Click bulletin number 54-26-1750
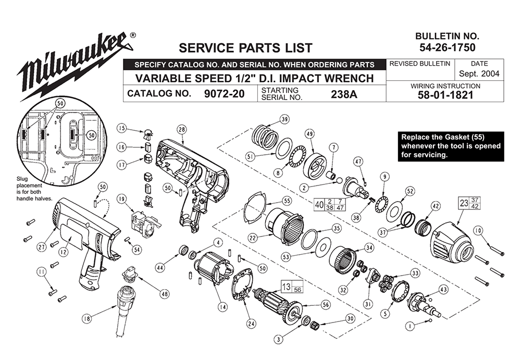[x=447, y=47]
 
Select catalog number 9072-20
[x=224, y=94]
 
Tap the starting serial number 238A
[x=344, y=94]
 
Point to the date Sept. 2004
[x=479, y=74]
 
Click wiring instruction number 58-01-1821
[x=445, y=95]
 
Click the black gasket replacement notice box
[x=451, y=146]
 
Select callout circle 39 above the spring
[x=284, y=119]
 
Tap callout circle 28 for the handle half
[x=182, y=130]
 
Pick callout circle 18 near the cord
[x=87, y=318]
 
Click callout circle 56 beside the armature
[x=325, y=305]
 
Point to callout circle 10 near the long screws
[x=478, y=230]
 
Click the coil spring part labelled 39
[x=265, y=138]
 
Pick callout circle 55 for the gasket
[x=287, y=201]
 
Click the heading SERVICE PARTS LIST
[x=245, y=48]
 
